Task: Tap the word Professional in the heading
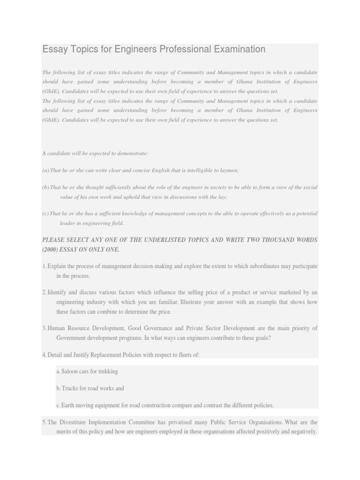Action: pos(180,49)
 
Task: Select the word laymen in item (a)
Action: pos(229,170)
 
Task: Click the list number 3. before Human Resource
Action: pos(45,328)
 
